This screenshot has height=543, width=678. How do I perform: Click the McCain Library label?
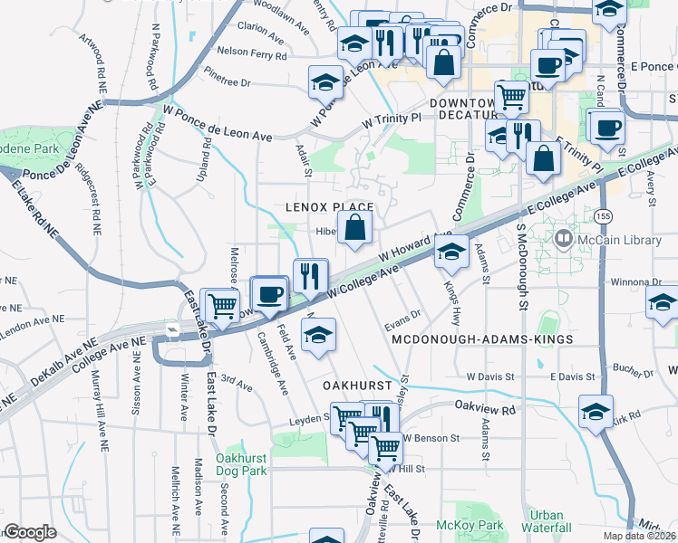coord(605,240)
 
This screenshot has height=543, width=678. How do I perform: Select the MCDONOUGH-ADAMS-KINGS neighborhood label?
coord(482,338)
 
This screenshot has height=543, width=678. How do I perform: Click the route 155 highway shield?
coord(603,215)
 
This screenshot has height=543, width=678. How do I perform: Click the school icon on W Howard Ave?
coord(452,252)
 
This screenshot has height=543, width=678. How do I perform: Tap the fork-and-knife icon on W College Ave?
coord(311,275)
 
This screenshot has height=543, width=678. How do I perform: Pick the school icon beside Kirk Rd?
coord(596,411)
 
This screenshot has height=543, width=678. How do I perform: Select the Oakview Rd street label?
coord(485,407)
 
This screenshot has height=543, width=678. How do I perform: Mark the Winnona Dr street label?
coord(620,281)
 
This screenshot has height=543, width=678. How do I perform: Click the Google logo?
coord(30,532)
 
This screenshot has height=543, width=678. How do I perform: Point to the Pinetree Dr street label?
coord(228,81)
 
